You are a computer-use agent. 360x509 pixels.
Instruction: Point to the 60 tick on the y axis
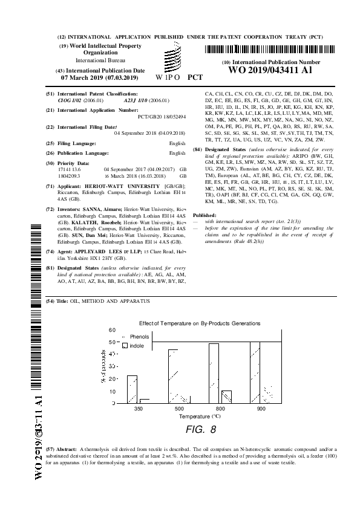(x=112, y=330)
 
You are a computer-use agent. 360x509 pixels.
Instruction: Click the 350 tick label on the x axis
(x=139, y=409)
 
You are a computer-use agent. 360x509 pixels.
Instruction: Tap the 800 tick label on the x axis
(x=220, y=409)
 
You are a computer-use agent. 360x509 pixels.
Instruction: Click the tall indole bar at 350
(x=132, y=389)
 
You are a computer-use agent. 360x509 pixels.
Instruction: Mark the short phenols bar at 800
(x=226, y=397)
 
